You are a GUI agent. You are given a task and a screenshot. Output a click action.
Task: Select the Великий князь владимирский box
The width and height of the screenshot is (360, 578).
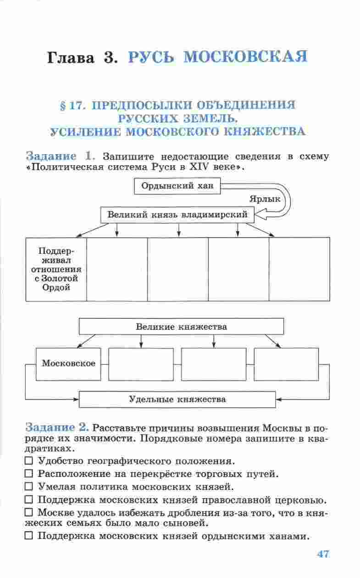177,214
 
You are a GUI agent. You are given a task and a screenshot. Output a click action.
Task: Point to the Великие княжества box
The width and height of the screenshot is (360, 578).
181,327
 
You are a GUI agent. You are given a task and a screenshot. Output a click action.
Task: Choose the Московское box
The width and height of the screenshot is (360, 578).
68,364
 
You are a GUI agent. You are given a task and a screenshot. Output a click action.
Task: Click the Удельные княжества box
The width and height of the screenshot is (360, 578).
177,399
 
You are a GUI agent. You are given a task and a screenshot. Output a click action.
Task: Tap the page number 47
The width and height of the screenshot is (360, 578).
323,554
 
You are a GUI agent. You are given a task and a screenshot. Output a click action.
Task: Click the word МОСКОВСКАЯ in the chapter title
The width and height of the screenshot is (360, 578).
244,58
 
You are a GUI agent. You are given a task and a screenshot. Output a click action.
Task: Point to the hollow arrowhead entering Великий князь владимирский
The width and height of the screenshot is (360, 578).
259,214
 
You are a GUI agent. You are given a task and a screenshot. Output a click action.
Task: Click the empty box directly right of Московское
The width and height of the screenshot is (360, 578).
141,364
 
